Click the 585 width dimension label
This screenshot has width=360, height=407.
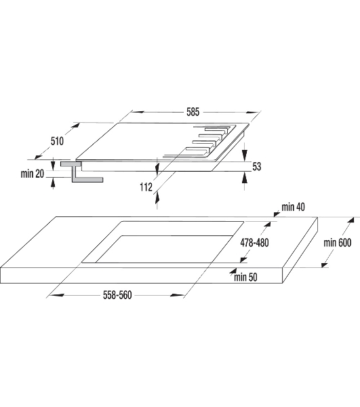tap(193, 112)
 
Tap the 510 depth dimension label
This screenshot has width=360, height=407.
tap(57, 141)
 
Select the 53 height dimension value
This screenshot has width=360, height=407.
tap(256, 166)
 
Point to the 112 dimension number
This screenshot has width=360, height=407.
tap(146, 187)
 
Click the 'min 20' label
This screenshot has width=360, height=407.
tap(33, 174)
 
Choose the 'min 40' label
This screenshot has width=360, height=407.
tap(293, 207)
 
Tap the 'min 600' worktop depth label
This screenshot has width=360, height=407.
tap(338, 243)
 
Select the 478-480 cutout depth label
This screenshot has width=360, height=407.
tap(254, 243)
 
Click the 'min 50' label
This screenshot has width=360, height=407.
tap(245, 277)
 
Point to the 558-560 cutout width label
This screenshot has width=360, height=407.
tap(117, 295)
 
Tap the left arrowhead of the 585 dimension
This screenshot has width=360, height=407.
tap(138, 112)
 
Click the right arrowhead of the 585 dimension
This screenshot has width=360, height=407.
tap(252, 113)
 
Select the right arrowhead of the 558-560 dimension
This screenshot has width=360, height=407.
tap(177, 295)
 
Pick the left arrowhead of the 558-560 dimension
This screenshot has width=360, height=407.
tap(56, 295)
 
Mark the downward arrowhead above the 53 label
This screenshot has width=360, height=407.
tap(244, 155)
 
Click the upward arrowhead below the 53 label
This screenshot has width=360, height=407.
tap(244, 178)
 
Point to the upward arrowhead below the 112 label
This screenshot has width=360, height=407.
tap(157, 199)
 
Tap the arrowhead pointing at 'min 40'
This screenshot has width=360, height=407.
tap(277, 214)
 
